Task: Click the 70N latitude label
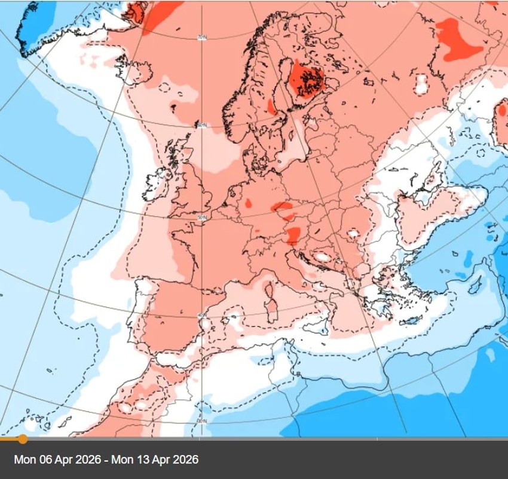click(201, 38)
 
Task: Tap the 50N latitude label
click(201, 217)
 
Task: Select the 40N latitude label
click(201, 316)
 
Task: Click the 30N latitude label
click(201, 422)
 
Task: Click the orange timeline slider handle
click(23, 439)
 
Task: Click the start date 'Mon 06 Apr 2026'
click(57, 460)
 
